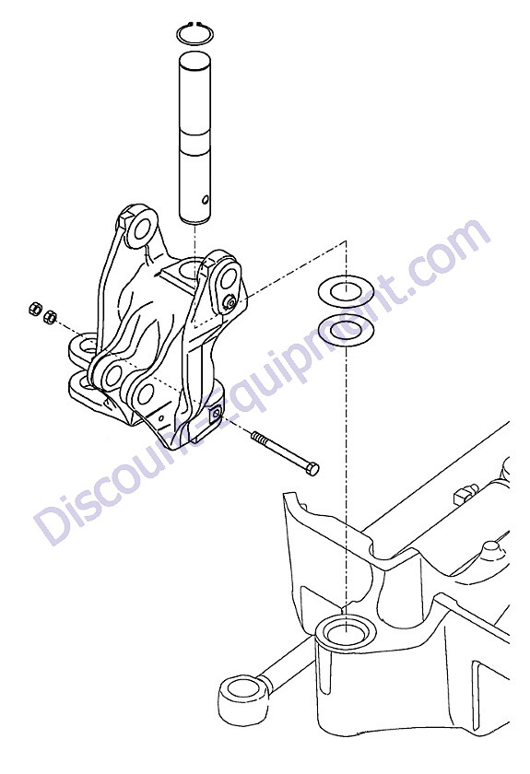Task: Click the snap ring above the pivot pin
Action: pyautogui.click(x=195, y=25)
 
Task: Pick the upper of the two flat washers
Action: pyautogui.click(x=346, y=292)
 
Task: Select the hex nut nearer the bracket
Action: pyautogui.click(x=50, y=317)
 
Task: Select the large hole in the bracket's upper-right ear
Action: pyautogui.click(x=229, y=279)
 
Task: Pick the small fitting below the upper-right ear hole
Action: pyautogui.click(x=229, y=302)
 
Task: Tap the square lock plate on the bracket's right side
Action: pyautogui.click(x=215, y=414)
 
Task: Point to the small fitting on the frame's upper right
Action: pyautogui.click(x=465, y=493)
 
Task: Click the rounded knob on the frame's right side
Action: pyautogui.click(x=490, y=549)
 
